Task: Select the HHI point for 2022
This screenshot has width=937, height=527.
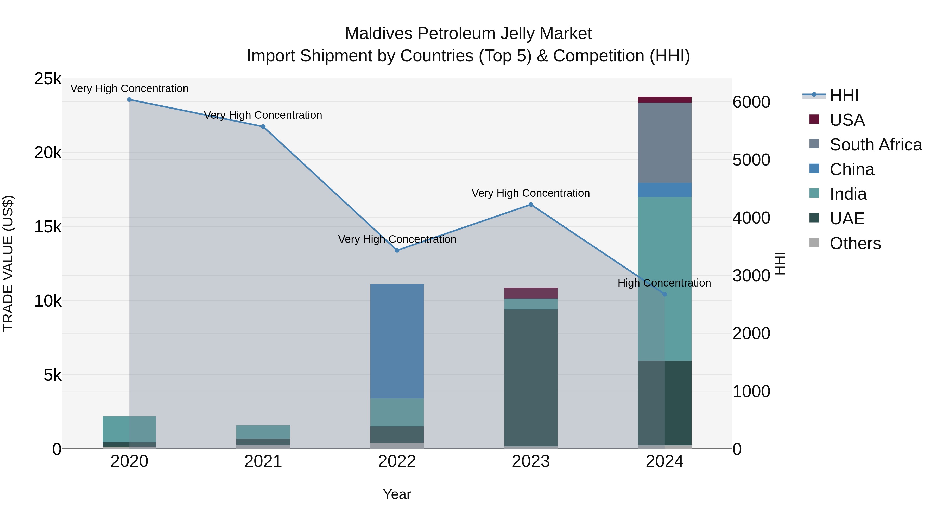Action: click(397, 250)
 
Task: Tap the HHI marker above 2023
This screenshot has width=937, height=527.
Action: click(531, 205)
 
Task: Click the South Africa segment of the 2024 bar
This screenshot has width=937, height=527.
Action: click(664, 143)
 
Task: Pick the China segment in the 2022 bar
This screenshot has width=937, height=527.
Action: click(397, 341)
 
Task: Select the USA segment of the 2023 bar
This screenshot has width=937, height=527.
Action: click(531, 293)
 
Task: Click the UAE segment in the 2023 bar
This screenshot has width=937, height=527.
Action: click(531, 378)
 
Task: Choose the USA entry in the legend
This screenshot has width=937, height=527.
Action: click(847, 120)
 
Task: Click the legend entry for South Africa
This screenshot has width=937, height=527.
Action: click(875, 145)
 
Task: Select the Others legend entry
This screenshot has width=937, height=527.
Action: click(855, 243)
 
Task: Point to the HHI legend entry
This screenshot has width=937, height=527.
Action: click(844, 95)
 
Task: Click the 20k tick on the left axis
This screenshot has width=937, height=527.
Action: click(48, 153)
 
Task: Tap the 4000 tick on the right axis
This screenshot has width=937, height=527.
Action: click(751, 218)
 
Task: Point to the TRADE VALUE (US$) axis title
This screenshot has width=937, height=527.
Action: click(8, 263)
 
